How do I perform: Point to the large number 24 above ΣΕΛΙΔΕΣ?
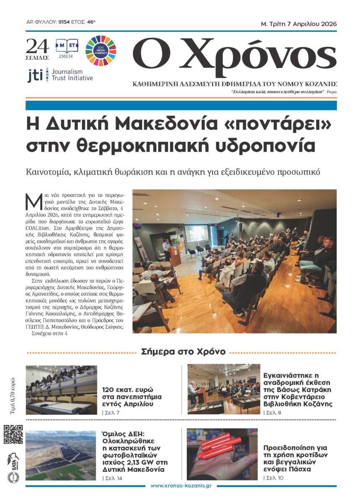[37, 46]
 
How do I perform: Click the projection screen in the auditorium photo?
[196, 234]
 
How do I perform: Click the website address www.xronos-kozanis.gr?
[181, 486]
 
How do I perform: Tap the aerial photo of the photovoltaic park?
[61, 455]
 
